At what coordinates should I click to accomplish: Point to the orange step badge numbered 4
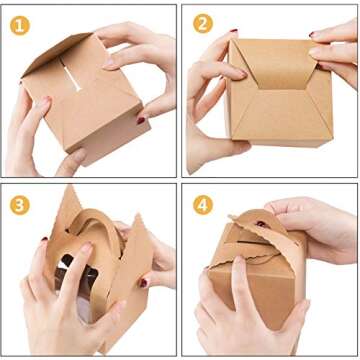203,203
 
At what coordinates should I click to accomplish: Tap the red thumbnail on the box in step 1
45,101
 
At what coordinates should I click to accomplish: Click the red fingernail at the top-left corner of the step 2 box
233,33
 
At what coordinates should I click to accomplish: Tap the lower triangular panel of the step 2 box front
270,125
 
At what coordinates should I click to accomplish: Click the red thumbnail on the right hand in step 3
145,283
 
